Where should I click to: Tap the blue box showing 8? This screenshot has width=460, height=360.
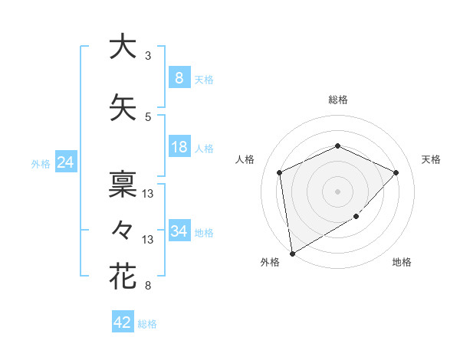(x=179, y=77)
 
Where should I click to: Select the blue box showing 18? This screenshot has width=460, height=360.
(x=179, y=147)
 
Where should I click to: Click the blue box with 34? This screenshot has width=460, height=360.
(x=179, y=231)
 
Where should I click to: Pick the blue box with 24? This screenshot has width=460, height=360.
(x=65, y=162)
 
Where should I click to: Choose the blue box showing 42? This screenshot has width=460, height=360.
(x=122, y=322)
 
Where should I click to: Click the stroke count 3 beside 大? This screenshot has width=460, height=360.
(x=148, y=56)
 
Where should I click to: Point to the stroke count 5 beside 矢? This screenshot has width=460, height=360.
(x=148, y=117)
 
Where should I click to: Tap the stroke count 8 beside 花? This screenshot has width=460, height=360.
(x=148, y=286)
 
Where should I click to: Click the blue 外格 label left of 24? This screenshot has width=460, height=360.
(x=40, y=163)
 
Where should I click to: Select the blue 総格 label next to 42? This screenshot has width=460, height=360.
(x=147, y=324)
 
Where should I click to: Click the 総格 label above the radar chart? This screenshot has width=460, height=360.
(x=337, y=100)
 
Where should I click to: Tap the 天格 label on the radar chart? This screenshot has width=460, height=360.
(x=431, y=159)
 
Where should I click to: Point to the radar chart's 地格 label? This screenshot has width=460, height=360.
(x=402, y=262)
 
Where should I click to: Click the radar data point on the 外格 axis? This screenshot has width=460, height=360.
(x=291, y=253)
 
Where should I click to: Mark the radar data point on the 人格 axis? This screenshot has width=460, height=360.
(x=280, y=172)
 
